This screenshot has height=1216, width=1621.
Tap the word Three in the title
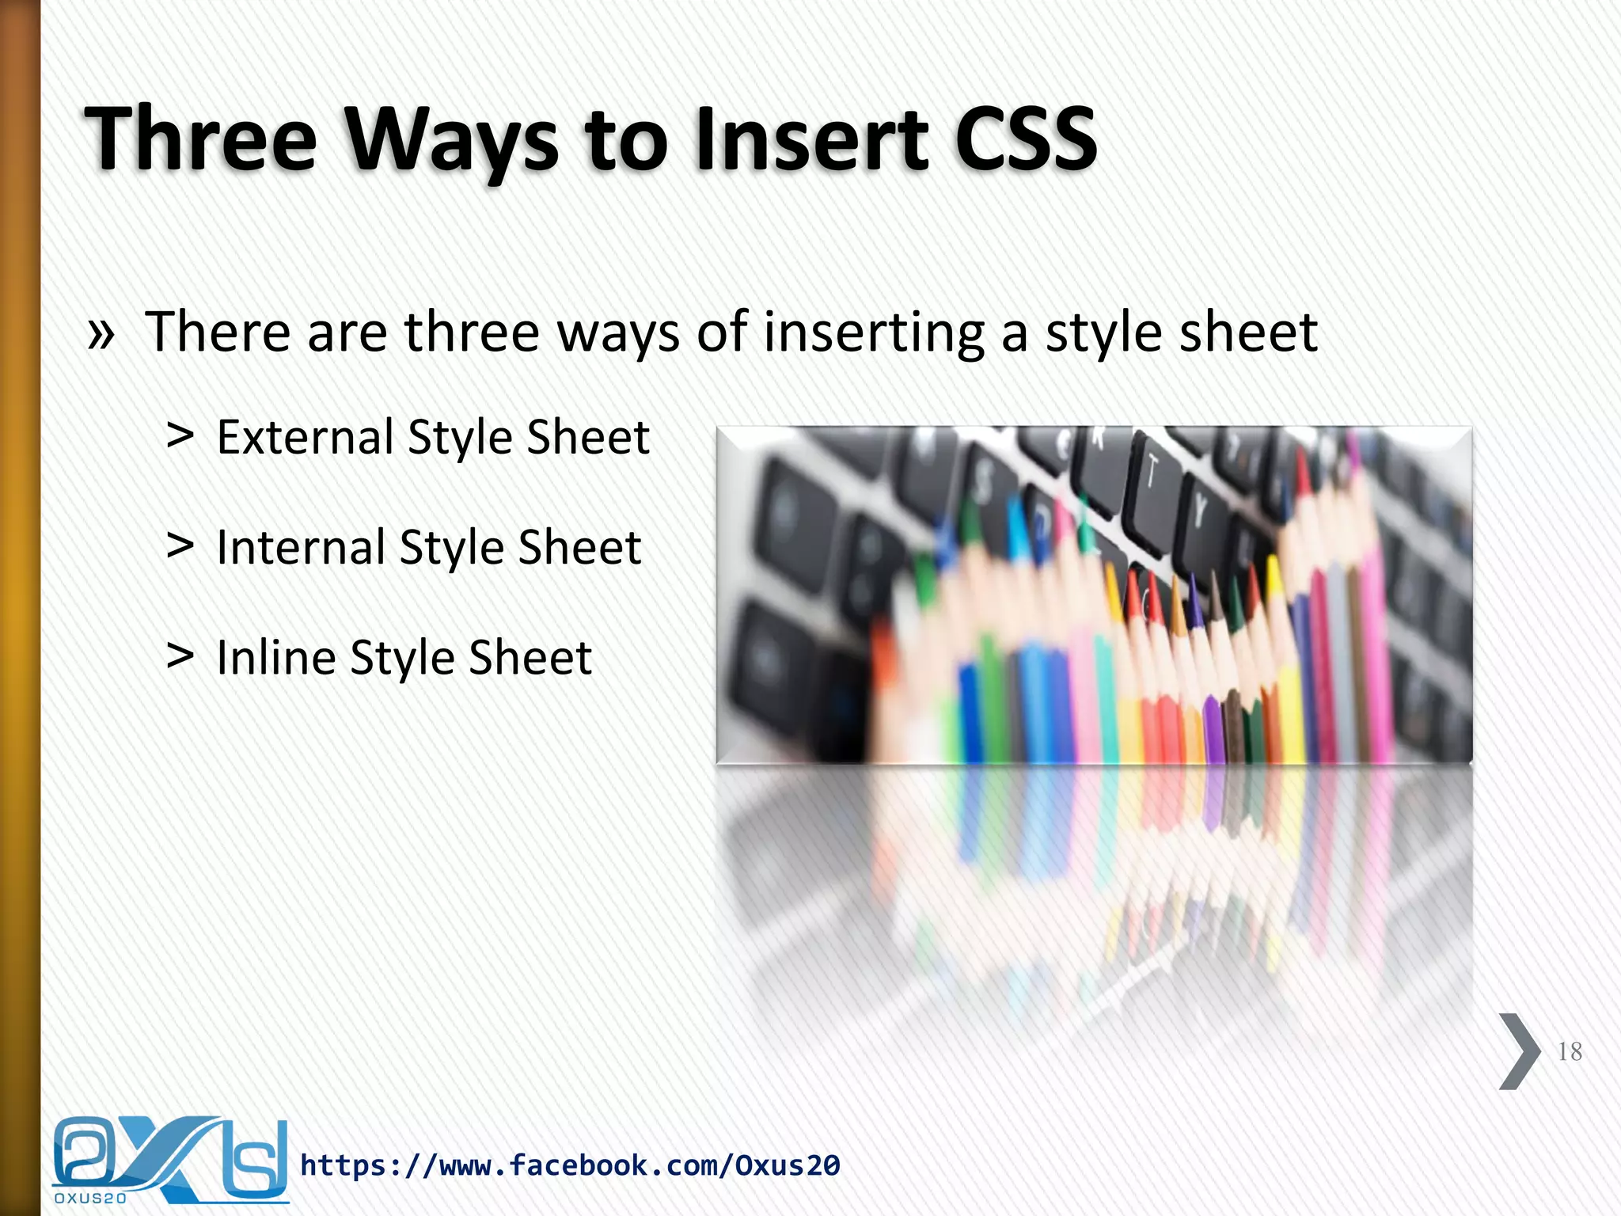coord(201,139)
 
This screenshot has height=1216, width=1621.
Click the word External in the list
coord(305,437)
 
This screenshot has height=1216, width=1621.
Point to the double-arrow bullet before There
coord(101,334)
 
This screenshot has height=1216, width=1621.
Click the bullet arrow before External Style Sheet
coord(180,435)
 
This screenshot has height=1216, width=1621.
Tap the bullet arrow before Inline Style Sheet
coord(180,655)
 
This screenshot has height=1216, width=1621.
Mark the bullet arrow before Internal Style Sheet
coord(180,545)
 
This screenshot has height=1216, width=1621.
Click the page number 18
coord(1569,1051)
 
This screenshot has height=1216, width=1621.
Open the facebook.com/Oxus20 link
coord(570,1165)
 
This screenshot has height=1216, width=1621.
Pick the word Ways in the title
coord(452,140)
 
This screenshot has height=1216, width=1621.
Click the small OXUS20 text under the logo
coord(90,1199)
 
